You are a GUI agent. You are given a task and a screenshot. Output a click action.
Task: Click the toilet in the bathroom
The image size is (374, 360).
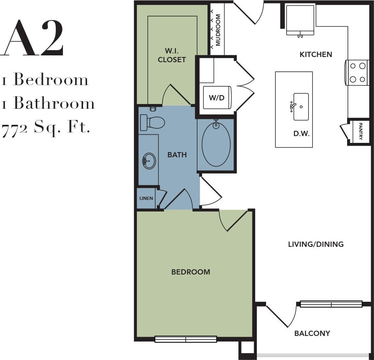[152, 122]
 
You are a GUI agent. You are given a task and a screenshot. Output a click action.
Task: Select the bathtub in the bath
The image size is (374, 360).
[216, 144]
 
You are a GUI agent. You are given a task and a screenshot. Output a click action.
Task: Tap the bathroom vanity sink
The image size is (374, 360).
[149, 161]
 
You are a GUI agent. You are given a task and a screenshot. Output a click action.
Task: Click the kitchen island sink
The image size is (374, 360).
[301, 107]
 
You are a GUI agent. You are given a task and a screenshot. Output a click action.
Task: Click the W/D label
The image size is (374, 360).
[216, 98]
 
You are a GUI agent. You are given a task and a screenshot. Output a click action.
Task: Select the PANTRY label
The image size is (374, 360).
[360, 131]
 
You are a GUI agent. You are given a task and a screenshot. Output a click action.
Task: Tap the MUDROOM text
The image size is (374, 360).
[218, 30]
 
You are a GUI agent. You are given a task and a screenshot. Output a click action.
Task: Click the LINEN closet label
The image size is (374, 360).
[146, 198]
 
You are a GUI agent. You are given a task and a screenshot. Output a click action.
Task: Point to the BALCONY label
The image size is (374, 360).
[312, 333]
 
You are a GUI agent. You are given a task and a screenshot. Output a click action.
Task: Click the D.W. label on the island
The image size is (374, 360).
[301, 134]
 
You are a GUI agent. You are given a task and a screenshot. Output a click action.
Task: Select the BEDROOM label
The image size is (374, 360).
[191, 272]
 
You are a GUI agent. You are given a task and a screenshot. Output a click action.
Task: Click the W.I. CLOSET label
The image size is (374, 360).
[172, 55]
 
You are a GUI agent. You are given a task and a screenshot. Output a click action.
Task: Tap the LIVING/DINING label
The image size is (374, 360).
[316, 244]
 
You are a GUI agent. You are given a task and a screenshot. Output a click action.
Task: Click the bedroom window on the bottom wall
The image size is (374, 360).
[186, 339]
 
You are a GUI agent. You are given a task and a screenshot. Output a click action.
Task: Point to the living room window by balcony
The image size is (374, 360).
[331, 304]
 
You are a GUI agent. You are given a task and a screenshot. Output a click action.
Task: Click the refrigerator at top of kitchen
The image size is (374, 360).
[300, 20]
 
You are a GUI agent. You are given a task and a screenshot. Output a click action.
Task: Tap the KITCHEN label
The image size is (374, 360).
[316, 54]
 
